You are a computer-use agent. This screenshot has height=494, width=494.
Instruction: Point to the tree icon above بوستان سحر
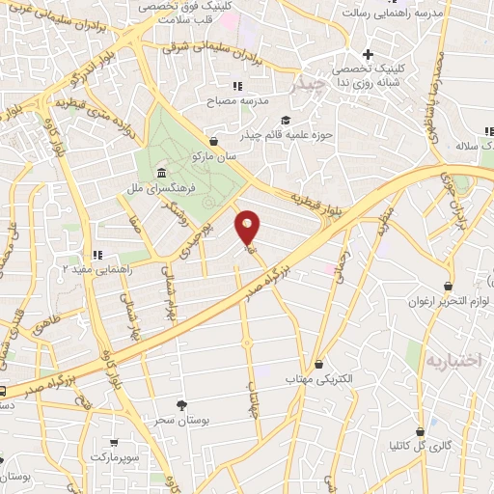point(182,405)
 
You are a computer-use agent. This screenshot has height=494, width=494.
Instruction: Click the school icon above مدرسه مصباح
point(237,86)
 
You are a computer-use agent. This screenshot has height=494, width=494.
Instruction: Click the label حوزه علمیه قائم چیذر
point(290,134)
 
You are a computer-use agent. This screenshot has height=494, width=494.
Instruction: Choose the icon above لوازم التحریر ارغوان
point(448,287)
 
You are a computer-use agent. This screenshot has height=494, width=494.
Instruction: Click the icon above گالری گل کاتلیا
point(420,431)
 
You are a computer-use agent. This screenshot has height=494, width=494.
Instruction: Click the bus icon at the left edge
point(3,391)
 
